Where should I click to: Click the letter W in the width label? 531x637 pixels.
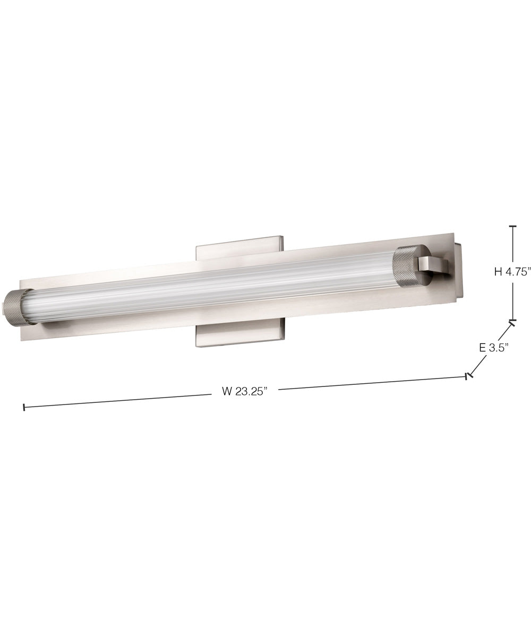coord(227,392)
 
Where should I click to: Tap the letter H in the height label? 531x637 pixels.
coord(498,272)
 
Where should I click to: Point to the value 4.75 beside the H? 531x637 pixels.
coord(518,272)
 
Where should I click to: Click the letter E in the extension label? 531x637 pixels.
coord(482,348)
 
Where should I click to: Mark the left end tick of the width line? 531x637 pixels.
coord(24,407)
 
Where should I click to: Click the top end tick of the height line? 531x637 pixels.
coord(512,227)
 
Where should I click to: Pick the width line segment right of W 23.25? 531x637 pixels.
coord(372,383)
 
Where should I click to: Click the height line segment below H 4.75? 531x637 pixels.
coord(512,300)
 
